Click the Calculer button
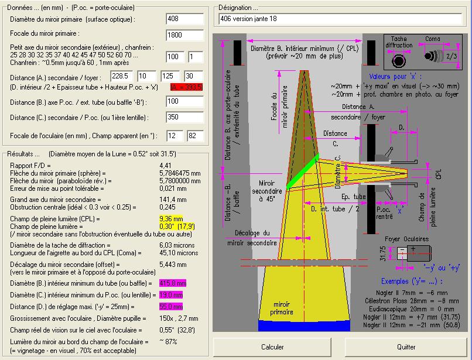point(272,347)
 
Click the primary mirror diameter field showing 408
point(184,19)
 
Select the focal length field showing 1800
point(184,35)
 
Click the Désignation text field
point(340,19)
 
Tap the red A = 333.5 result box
point(186,87)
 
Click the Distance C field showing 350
point(184,117)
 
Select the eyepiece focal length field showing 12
point(175,136)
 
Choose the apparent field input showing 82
point(195,136)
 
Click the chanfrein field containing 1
point(196,57)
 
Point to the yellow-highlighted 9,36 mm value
point(171,219)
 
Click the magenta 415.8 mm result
point(173,283)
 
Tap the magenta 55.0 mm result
point(171,307)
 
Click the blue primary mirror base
point(304,325)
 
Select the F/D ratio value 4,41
point(165,166)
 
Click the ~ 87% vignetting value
point(168,342)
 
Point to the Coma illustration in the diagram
point(433,56)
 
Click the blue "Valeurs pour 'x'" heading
point(395,77)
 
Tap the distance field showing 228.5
point(121,76)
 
